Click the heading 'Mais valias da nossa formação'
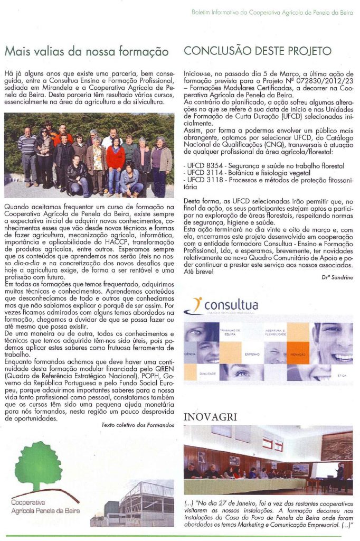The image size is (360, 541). tap(87, 52)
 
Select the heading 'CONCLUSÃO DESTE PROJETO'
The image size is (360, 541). tap(258, 51)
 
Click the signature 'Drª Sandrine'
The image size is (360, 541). tap(336, 276)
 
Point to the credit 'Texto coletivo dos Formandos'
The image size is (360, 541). tap(137, 425)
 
